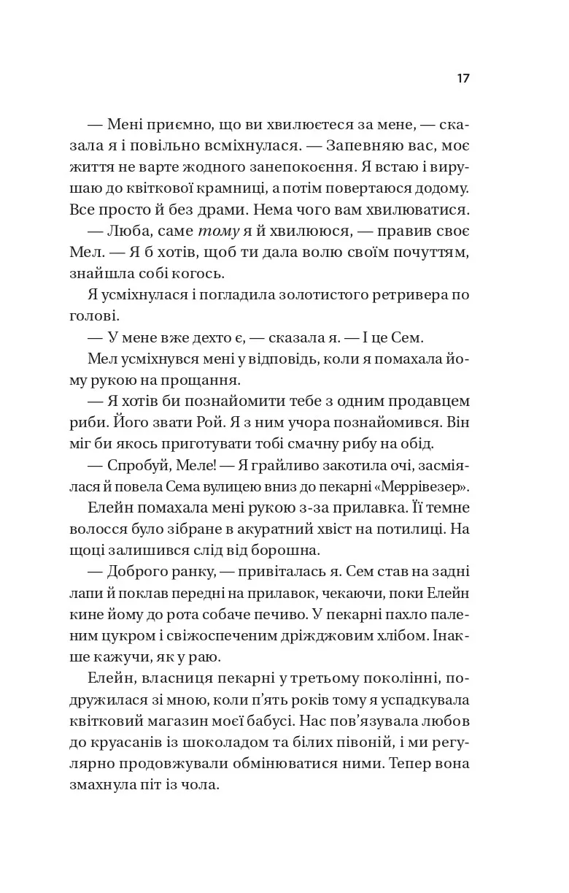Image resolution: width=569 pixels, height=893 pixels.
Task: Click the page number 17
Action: click(x=463, y=79)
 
